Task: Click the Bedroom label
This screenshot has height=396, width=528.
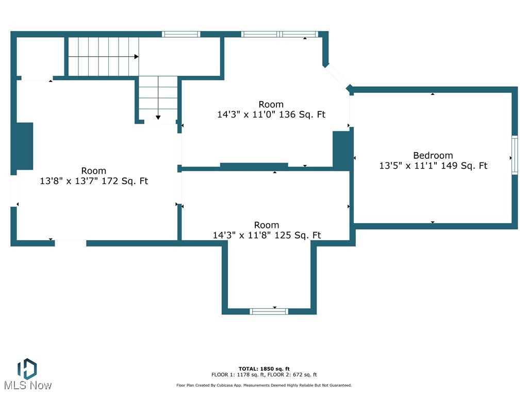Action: click(433, 155)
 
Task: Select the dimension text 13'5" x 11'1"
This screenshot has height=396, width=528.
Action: click(433, 166)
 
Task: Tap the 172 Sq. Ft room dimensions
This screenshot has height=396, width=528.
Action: click(94, 181)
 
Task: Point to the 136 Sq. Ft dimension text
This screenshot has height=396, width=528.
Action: click(271, 115)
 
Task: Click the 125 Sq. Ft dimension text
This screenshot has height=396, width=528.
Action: click(267, 236)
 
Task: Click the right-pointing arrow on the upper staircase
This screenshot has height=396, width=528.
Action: click(136, 56)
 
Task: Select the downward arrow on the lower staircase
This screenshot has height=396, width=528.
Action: click(158, 118)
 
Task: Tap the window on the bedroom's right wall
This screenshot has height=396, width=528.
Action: click(514, 155)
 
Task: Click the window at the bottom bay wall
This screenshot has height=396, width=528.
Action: click(269, 311)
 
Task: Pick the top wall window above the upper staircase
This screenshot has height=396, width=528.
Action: click(181, 35)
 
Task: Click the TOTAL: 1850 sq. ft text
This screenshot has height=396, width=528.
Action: click(264, 369)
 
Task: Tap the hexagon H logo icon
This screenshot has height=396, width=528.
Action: click(27, 368)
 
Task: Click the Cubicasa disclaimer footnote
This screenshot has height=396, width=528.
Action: click(264, 385)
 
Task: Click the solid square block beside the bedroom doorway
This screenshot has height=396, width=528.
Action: click(341, 150)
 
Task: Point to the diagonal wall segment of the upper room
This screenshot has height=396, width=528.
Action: click(337, 77)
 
